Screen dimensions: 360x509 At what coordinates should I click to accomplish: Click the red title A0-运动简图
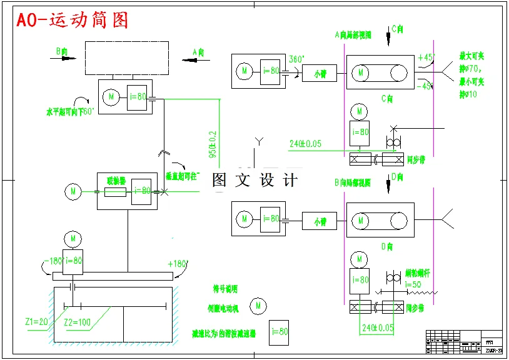[72, 20]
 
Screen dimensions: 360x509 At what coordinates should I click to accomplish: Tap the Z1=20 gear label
[36, 322]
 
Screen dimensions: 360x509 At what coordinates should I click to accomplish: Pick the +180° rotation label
[178, 264]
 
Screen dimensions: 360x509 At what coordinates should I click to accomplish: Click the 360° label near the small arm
[296, 59]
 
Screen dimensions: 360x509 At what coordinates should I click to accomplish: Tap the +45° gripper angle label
[426, 57]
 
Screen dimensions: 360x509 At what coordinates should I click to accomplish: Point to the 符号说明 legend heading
[225, 289]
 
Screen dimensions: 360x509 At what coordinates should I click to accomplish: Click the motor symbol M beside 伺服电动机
[258, 306]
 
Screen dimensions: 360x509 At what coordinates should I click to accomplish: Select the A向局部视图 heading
[353, 35]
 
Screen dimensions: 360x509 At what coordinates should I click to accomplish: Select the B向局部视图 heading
[353, 182]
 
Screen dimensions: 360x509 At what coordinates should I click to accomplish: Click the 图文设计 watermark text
[255, 180]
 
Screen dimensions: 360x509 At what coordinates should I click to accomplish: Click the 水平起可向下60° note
[70, 112]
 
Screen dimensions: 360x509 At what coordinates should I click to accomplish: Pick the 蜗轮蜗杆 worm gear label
[418, 274]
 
